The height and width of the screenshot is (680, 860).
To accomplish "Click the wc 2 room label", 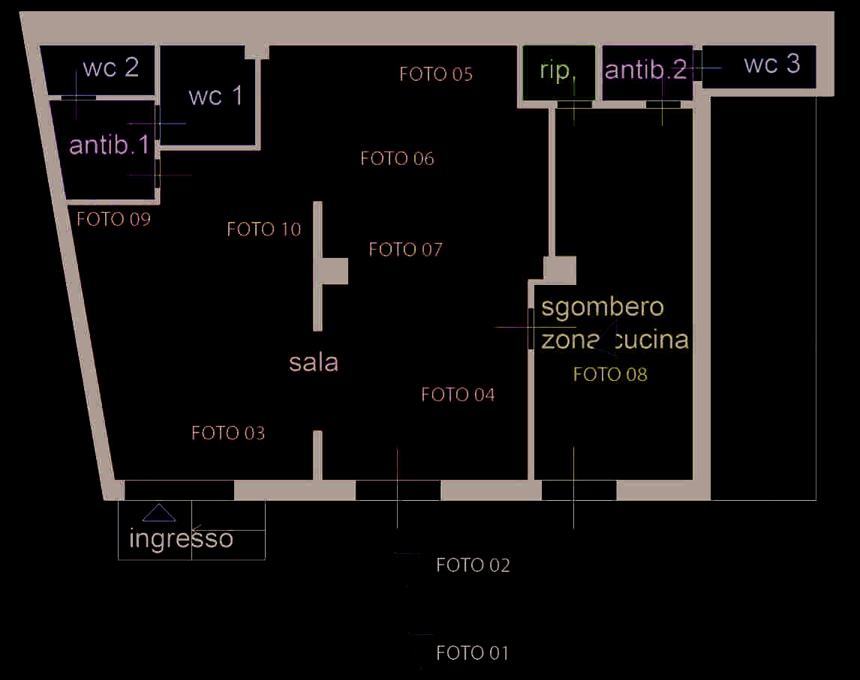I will (x=110, y=67).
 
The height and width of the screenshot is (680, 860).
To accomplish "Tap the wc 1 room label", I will (x=215, y=96).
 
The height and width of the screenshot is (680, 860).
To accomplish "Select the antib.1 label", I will (x=110, y=145).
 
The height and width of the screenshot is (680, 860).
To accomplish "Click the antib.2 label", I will (x=645, y=70).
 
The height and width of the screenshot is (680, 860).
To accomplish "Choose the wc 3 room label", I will (x=771, y=64).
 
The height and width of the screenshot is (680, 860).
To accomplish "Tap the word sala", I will (x=314, y=363).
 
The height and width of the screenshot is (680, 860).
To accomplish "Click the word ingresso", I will (x=181, y=538).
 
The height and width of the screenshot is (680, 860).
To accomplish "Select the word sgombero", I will (x=603, y=307).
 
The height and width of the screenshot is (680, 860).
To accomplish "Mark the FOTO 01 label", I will (x=472, y=654).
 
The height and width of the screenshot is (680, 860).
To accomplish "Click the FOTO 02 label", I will (x=473, y=565).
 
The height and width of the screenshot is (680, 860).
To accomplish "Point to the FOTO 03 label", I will (x=228, y=433).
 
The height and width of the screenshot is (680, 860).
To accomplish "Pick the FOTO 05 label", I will (x=436, y=74).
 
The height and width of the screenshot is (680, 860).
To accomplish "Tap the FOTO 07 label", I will (x=406, y=250).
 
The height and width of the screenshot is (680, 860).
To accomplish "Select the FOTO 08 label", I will (x=610, y=374).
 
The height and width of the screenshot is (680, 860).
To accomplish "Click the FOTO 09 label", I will (x=114, y=220).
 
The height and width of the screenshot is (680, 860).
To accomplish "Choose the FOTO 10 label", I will (x=264, y=229).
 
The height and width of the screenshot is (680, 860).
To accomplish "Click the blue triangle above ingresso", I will (x=159, y=513).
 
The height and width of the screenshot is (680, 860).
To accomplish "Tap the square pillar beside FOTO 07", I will (x=335, y=271).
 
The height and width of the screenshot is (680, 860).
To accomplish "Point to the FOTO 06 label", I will (x=397, y=159).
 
